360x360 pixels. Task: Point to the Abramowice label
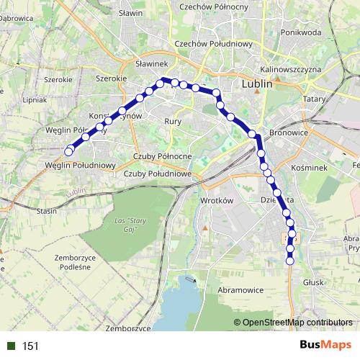click(240, 289)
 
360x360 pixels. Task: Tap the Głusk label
click(314, 283)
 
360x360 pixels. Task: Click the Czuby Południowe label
click(157, 174)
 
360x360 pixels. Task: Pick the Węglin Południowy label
click(80, 165)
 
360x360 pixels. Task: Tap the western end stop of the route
click(69, 151)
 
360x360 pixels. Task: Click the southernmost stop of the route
click(291, 261)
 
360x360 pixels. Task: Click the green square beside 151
click(11, 346)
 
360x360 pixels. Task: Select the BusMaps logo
click(326, 346)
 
